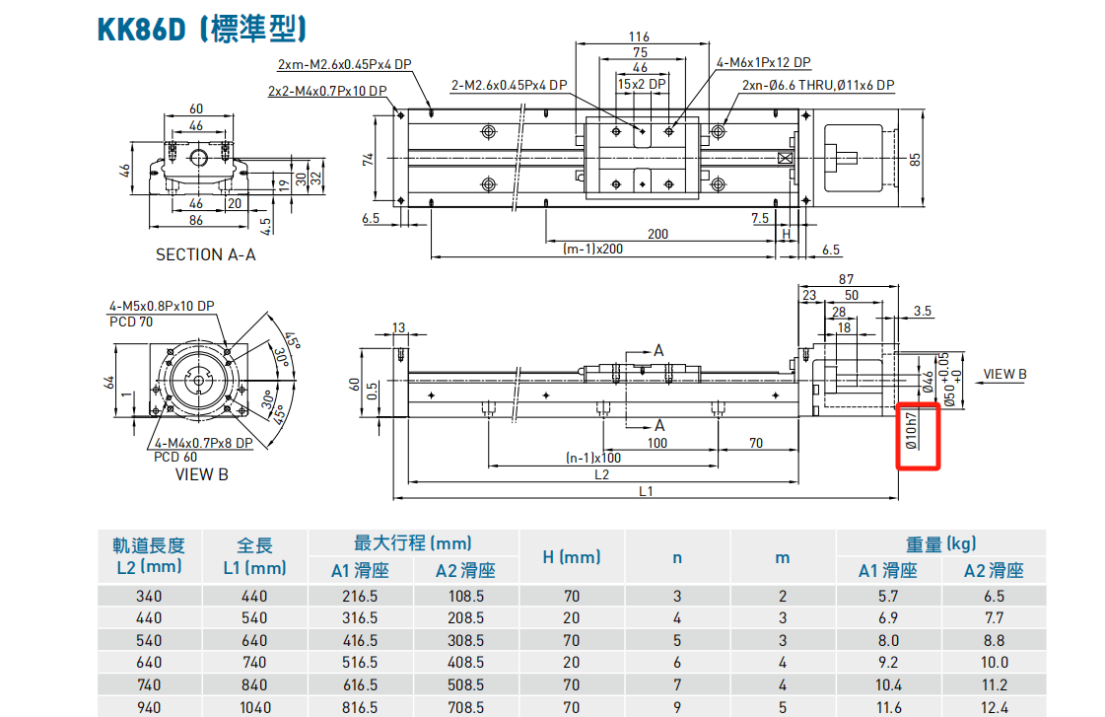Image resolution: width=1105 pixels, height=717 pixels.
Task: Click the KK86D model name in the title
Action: click(141, 29)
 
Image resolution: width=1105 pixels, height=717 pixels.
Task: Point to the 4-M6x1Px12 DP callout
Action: click(764, 62)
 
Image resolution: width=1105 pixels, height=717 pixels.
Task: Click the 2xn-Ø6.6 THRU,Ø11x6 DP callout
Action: click(818, 86)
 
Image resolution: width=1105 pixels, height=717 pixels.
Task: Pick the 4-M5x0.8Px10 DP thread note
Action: click(162, 306)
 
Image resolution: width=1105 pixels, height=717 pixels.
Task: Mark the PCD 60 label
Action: click(174, 457)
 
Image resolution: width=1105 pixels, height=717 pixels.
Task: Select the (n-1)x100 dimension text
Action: click(592, 458)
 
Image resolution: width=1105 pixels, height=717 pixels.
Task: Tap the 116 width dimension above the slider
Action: click(640, 37)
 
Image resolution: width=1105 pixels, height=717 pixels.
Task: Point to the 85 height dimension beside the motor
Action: click(915, 159)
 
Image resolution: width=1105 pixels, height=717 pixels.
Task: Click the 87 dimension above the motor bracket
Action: click(846, 280)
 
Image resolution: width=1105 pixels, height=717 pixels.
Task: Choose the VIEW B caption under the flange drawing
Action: click(201, 474)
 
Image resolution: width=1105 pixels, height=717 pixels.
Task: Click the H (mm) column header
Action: click(572, 557)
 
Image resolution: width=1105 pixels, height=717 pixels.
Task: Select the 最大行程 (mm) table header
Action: click(413, 543)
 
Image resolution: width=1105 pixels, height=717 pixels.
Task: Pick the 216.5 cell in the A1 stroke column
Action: click(360, 596)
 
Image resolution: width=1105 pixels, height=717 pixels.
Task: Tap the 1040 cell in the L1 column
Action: click(254, 706)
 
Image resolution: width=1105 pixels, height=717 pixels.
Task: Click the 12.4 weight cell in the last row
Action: click(995, 706)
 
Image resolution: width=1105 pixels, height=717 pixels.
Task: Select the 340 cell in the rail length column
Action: click(149, 596)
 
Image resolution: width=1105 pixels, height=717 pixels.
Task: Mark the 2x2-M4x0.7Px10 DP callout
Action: click(326, 91)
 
